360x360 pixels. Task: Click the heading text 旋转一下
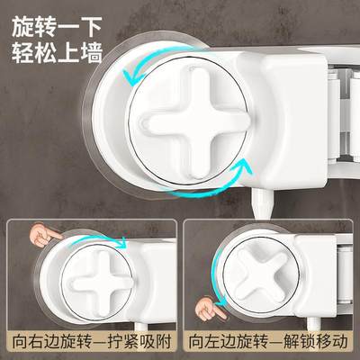(x=57, y=23)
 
